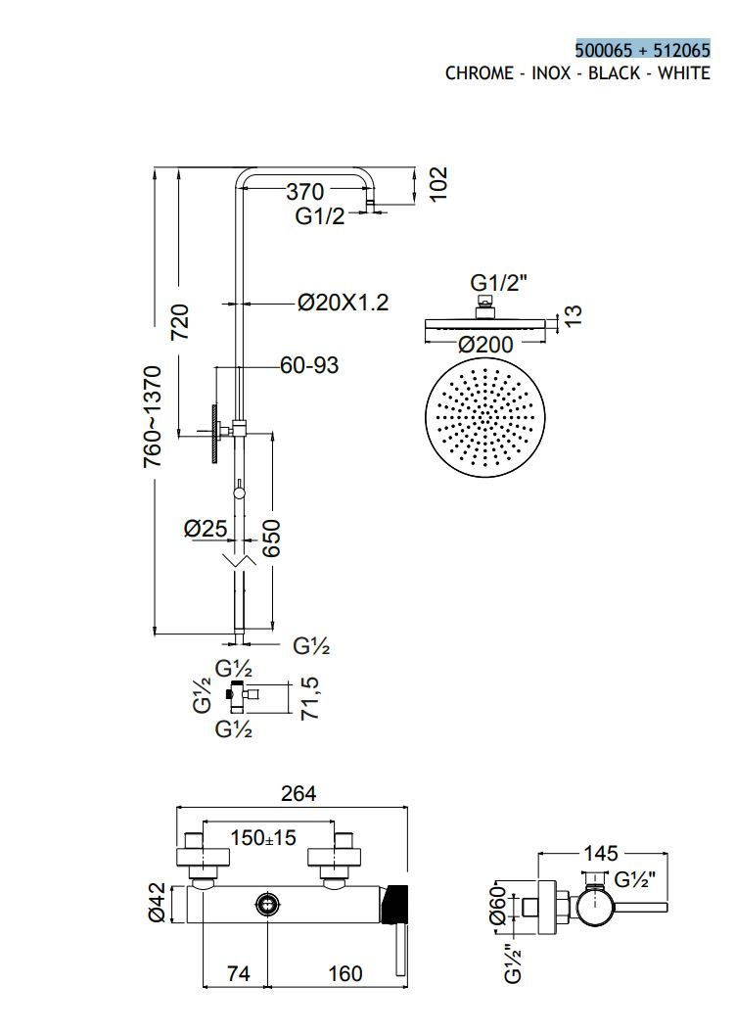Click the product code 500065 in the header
[604, 50]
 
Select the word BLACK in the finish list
[614, 73]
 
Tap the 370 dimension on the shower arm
[305, 192]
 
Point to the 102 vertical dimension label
[437, 184]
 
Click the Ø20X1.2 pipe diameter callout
[343, 303]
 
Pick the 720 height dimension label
[180, 322]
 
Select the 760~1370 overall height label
[152, 416]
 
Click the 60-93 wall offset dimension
[309, 364]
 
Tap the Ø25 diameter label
[206, 529]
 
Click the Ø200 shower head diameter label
[485, 344]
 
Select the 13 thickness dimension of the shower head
[573, 314]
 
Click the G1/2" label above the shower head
[499, 283]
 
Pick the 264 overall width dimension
[299, 793]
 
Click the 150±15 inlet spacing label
[263, 838]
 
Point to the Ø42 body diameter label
[158, 903]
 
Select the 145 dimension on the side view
[601, 854]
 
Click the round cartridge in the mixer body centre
[268, 904]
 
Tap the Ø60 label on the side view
[498, 905]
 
